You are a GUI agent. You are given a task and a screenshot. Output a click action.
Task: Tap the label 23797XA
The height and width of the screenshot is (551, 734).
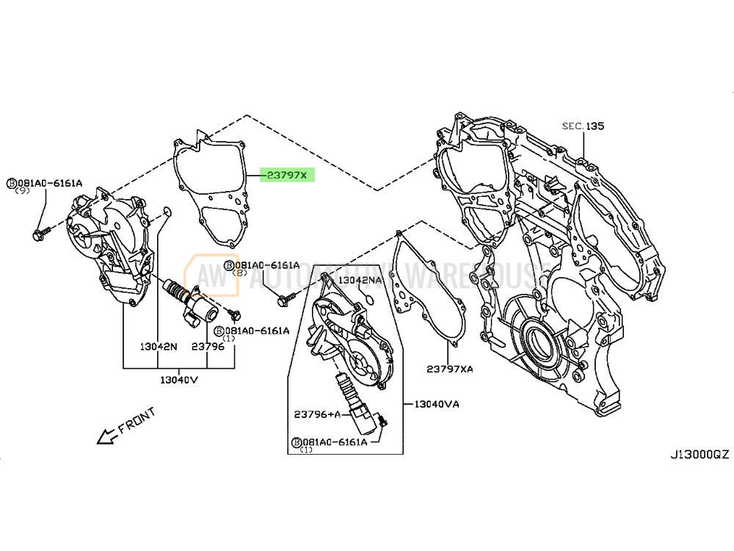(450, 368)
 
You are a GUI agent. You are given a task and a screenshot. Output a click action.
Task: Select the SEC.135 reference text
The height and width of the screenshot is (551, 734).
(584, 126)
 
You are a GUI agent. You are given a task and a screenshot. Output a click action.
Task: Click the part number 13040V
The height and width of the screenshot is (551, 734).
(180, 380)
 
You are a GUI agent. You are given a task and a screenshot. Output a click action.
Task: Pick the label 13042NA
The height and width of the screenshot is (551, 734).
(360, 280)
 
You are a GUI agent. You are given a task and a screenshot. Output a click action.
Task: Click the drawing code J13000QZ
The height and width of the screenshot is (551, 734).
(698, 455)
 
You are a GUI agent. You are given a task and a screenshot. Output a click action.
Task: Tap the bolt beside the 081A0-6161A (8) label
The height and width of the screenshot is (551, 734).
(286, 298)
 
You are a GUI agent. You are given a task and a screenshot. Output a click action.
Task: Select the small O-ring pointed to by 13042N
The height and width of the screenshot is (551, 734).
(167, 212)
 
